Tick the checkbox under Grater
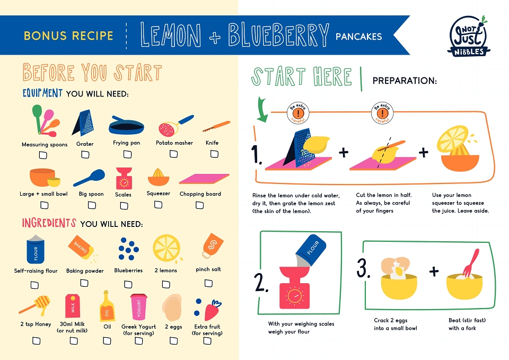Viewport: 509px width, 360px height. (x=85, y=154)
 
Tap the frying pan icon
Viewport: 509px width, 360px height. (x=126, y=125)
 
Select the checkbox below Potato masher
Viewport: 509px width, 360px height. (x=174, y=154)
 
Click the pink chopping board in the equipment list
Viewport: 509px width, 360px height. (x=204, y=179)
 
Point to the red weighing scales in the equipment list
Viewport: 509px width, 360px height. (x=124, y=178)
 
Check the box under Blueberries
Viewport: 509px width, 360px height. (x=128, y=284)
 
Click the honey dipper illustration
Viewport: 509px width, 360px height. (x=35, y=305)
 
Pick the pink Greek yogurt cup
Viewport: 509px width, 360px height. (x=138, y=307)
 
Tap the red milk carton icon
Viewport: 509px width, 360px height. (x=73, y=306)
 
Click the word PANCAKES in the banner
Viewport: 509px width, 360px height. (x=359, y=37)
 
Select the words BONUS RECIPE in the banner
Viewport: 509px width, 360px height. (x=68, y=36)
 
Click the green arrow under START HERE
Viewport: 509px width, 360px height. (x=262, y=109)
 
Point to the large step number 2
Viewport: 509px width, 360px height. (x=261, y=283)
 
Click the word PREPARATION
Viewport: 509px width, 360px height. (x=405, y=81)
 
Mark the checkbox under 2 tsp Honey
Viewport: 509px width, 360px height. (x=37, y=340)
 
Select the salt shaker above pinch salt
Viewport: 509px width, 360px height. (x=213, y=245)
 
